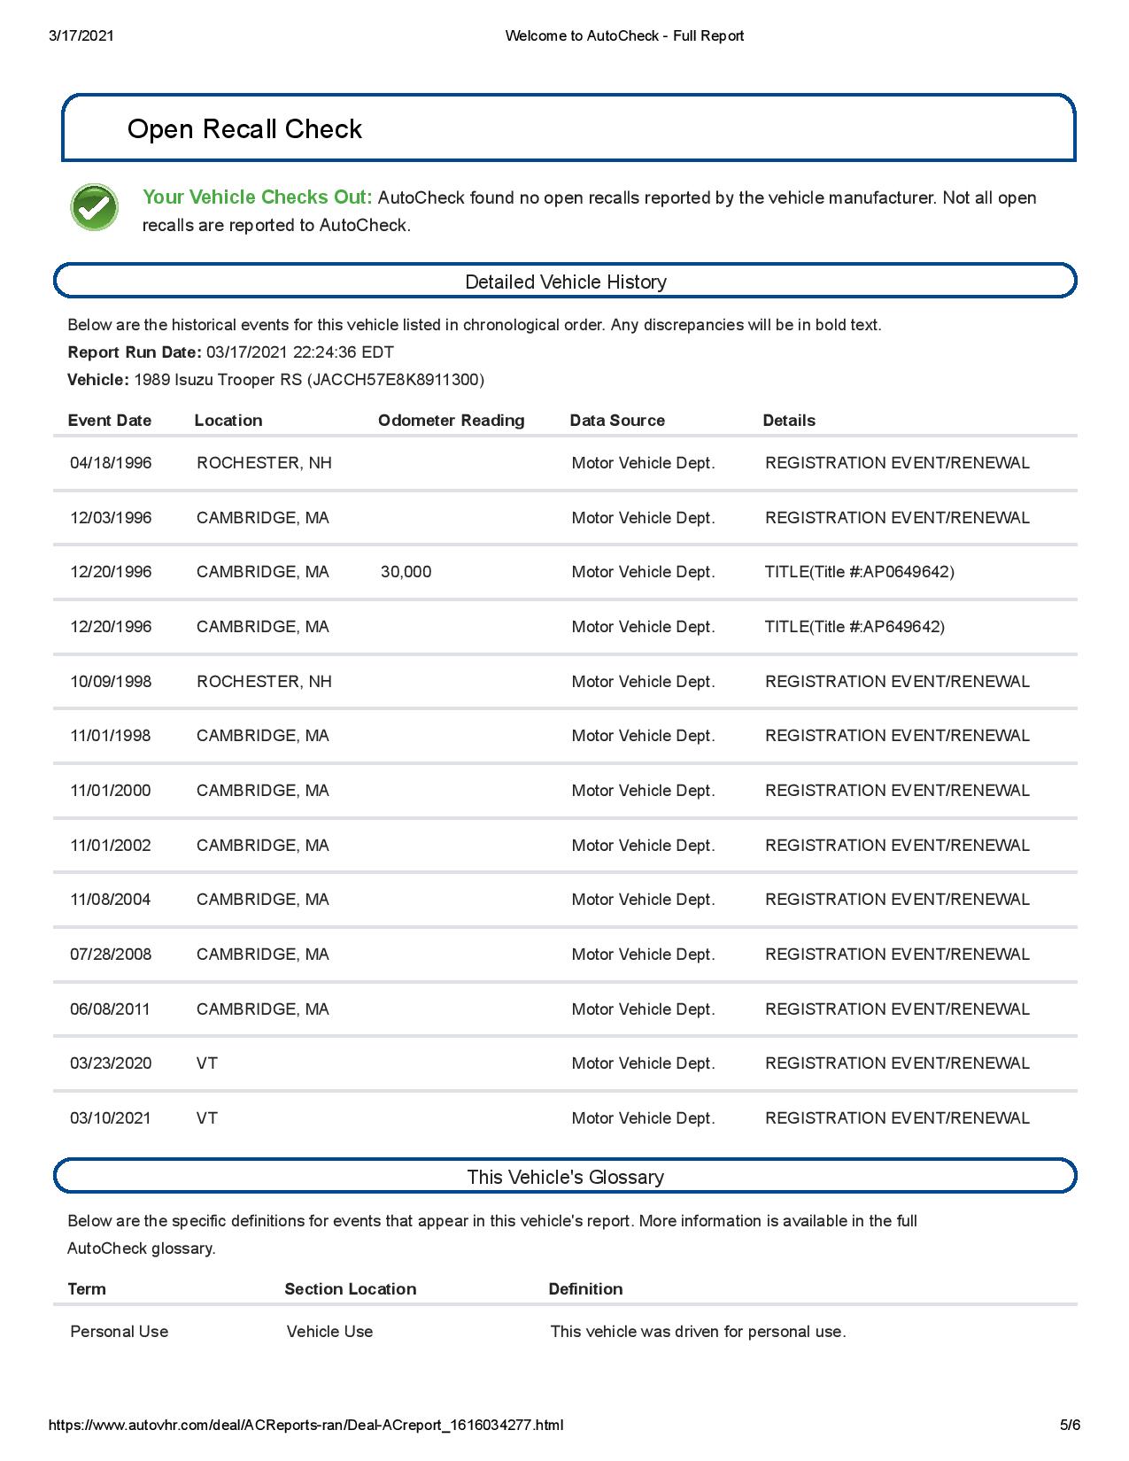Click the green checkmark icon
click(94, 208)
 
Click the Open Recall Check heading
click(244, 129)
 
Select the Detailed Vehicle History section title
click(565, 282)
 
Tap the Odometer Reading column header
click(451, 421)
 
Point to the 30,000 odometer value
click(406, 572)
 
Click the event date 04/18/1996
click(111, 463)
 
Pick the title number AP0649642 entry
click(859, 572)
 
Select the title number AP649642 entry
click(854, 627)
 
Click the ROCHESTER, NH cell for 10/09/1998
click(264, 682)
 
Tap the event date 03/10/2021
click(111, 1118)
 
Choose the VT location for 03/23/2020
click(207, 1063)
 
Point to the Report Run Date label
click(135, 352)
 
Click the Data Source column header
click(617, 421)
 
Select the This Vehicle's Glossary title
click(565, 1177)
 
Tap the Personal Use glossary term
click(119, 1332)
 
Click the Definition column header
click(585, 1289)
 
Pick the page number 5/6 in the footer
click(1071, 1425)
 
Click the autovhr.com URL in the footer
click(305, 1425)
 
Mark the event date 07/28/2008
click(111, 955)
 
